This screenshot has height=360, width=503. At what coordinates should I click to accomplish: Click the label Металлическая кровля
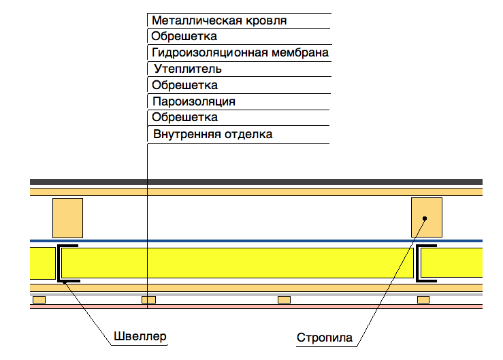pos(218,20)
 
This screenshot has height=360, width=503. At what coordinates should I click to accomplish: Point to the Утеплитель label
pos(187,69)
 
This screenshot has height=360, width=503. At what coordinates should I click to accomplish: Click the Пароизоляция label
pos(194,101)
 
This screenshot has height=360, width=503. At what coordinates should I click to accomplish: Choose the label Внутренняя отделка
pos(212,134)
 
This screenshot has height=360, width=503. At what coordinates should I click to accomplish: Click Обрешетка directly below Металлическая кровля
pos(184,36)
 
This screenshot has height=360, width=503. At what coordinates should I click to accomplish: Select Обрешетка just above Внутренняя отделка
pos(184,118)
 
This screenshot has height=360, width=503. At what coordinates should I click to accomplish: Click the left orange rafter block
pos(67,218)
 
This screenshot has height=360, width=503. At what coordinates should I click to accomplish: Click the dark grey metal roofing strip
pos(256,182)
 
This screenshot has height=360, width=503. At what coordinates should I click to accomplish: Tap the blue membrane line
pos(256,240)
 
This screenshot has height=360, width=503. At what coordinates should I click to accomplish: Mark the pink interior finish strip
pos(256,307)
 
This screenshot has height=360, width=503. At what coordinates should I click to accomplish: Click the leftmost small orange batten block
pos(39,299)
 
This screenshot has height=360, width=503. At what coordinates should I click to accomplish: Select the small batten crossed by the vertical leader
pos(148,299)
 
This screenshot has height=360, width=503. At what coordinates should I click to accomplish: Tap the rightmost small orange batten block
pos(423,299)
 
